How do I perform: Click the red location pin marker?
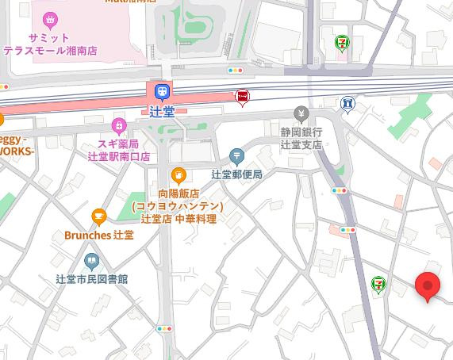[428, 286]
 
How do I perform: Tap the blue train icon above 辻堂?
[162, 92]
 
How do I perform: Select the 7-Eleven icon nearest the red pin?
[380, 283]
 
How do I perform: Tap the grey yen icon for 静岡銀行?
[301, 113]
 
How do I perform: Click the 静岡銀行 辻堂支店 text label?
[301, 138]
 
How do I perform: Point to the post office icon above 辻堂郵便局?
[236, 155]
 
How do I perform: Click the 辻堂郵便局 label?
[236, 174]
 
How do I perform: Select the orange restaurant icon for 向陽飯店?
[179, 174]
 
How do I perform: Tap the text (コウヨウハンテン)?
[179, 206]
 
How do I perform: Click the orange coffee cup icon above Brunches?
[99, 216]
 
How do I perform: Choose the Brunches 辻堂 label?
[99, 236]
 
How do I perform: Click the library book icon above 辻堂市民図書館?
[92, 261]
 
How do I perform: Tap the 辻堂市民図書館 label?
[92, 279]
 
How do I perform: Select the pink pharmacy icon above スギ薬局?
[118, 124]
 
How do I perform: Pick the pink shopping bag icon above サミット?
[51, 18]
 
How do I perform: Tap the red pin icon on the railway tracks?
[243, 97]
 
